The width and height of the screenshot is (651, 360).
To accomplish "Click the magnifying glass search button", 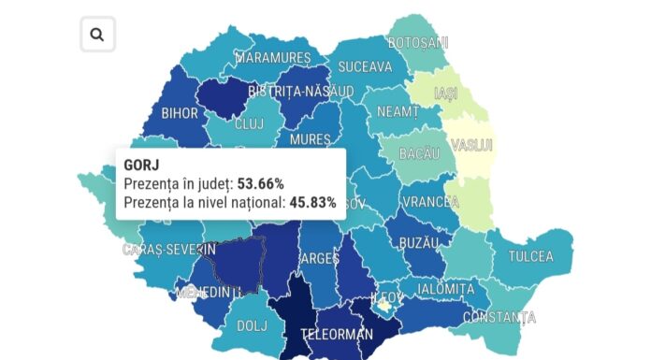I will [x=97, y=36].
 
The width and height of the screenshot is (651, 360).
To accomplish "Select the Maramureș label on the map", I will [x=272, y=58].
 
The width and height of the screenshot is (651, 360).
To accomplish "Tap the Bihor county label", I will [x=180, y=113].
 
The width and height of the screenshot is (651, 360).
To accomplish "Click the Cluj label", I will [x=249, y=122].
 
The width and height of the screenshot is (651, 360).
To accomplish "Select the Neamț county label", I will [x=398, y=110].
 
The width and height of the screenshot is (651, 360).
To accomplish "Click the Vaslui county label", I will [x=471, y=146].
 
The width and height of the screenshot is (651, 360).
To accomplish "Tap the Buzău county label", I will [x=417, y=242].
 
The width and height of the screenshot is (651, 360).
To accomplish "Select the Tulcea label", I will [x=530, y=256].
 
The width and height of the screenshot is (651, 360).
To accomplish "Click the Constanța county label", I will [x=500, y=317].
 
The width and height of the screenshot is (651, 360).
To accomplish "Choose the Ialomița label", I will [x=446, y=289].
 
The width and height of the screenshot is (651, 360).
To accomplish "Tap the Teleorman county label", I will [x=336, y=334].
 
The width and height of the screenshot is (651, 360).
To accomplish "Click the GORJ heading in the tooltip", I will [x=141, y=165].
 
